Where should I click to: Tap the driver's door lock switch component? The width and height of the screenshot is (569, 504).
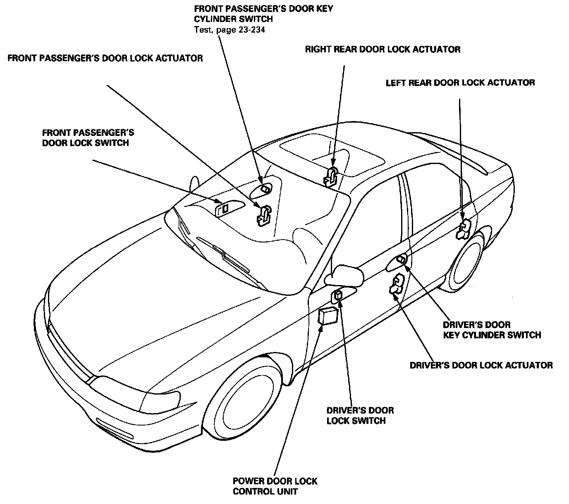pos(338,295)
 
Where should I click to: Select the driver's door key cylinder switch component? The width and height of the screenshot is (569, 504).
pos(401,259)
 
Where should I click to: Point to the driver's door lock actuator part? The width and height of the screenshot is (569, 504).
pos(397,283)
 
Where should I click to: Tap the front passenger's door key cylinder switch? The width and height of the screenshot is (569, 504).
pos(265,189)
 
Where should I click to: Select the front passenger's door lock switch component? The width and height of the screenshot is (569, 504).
pos(224,208)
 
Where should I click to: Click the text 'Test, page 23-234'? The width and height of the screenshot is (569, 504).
pos(230,29)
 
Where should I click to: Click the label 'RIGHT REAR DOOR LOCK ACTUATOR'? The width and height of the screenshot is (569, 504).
pos(383,50)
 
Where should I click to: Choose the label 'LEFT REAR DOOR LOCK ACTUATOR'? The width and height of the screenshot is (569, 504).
pos(460,83)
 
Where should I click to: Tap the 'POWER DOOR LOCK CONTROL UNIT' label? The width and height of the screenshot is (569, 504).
pos(275,486)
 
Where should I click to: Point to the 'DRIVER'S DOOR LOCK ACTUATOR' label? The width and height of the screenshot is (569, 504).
pos(481,365)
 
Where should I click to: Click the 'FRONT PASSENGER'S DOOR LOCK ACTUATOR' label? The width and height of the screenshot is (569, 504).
pos(105,58)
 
